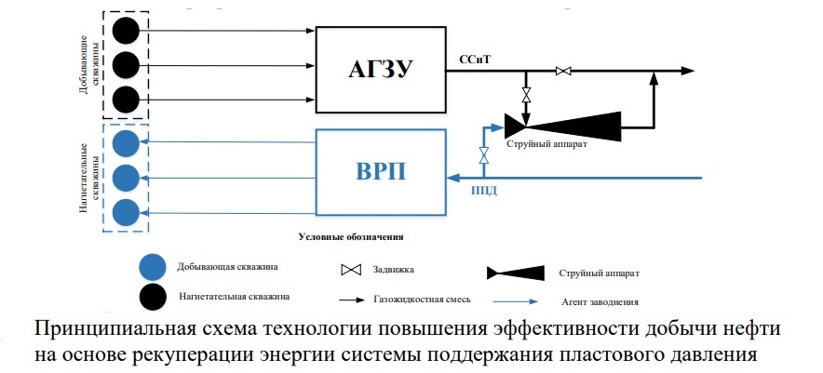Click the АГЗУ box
point(380,68)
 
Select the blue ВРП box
point(380,172)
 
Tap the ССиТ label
point(474,59)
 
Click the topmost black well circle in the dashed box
point(126,31)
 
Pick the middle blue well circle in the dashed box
point(126,177)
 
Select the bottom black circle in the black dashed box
point(126,99)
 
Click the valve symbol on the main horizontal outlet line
point(562,71)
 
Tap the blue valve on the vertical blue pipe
point(483,154)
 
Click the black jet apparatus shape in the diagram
point(562,125)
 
